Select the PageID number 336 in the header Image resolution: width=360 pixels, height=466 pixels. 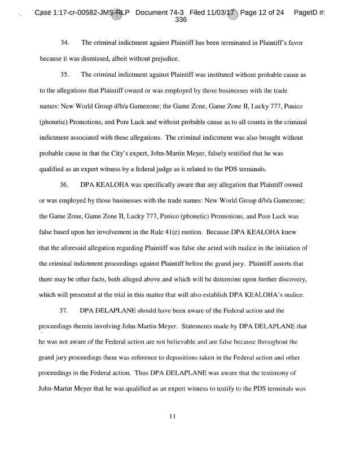(x=181, y=19)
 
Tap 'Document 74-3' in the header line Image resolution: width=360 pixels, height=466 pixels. (x=164, y=11)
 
